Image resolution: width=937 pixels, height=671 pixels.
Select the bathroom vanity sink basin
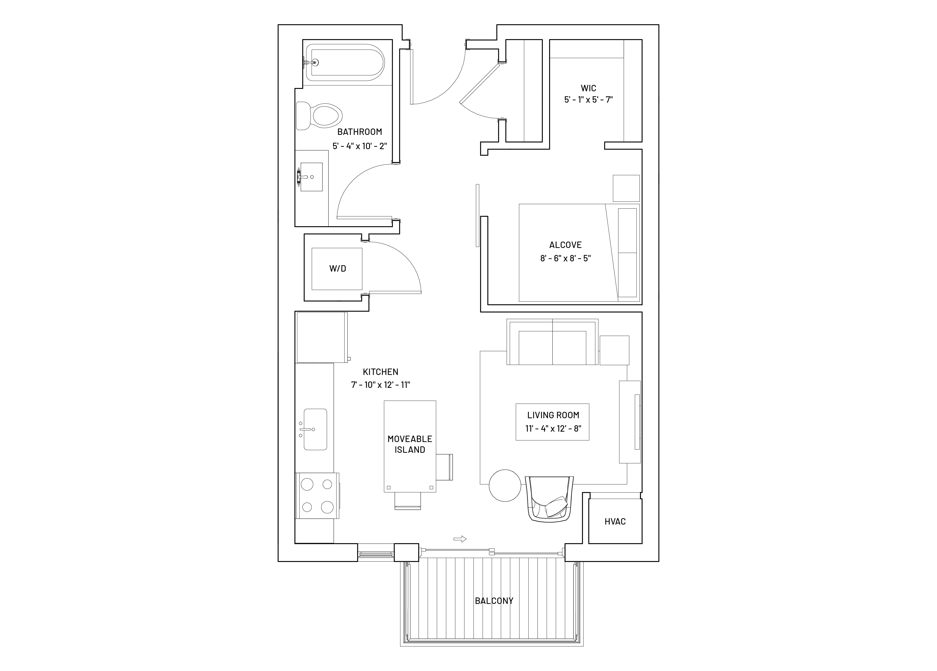[x=311, y=177]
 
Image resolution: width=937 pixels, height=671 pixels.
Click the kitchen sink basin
[x=315, y=429]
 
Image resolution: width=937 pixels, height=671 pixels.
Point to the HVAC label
[x=615, y=522]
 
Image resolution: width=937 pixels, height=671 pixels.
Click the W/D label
[x=338, y=268]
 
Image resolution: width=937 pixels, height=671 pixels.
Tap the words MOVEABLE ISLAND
[x=410, y=444]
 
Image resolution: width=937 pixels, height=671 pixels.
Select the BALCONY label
[x=494, y=601]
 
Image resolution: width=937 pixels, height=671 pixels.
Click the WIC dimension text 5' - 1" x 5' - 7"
[x=588, y=99]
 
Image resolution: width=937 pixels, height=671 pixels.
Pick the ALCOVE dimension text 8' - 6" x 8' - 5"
[x=566, y=259]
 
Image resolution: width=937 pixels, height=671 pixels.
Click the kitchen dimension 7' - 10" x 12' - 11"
[x=381, y=385]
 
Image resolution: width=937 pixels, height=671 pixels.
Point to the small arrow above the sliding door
[x=460, y=539]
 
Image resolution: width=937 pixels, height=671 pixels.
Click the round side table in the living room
[x=505, y=486]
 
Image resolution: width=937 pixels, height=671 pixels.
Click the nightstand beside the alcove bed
[x=626, y=188]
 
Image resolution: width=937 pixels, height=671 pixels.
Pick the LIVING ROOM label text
[x=553, y=415]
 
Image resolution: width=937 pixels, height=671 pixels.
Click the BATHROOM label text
[x=359, y=132]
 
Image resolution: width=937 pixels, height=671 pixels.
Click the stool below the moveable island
[x=408, y=501]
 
